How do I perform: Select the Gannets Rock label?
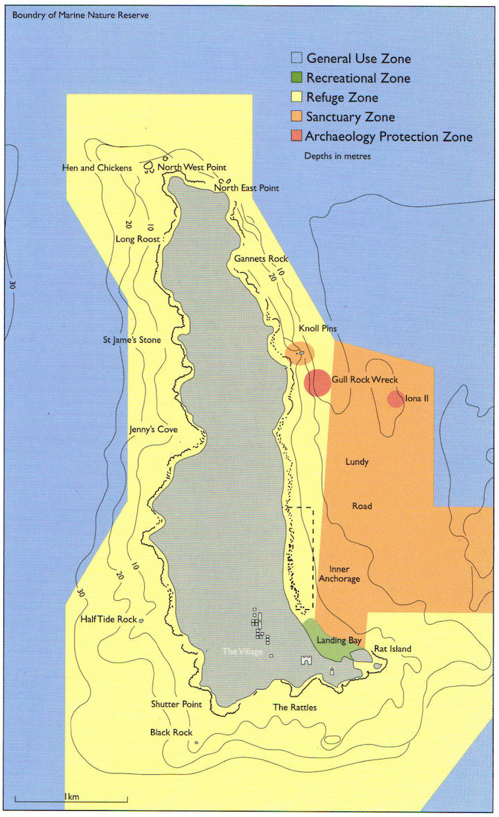(x=260, y=258)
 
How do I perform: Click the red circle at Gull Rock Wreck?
(x=317, y=383)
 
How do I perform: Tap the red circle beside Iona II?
(x=395, y=399)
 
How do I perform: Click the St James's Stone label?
(x=132, y=340)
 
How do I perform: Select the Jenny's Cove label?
(x=153, y=429)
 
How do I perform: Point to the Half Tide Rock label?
(x=108, y=619)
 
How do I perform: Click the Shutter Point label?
(x=176, y=704)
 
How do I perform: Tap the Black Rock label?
(x=171, y=732)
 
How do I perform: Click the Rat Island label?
(x=392, y=649)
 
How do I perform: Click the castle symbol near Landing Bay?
(x=305, y=660)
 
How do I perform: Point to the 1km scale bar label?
(x=71, y=796)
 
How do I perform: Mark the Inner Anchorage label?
(x=340, y=573)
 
